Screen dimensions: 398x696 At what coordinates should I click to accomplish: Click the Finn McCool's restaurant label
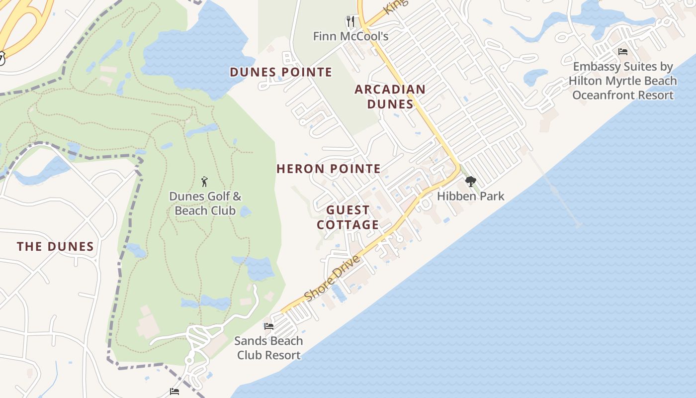tap(350, 36)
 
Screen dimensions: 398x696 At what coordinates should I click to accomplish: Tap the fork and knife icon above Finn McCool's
tap(350, 21)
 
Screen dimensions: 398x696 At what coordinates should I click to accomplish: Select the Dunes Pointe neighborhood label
tap(281, 72)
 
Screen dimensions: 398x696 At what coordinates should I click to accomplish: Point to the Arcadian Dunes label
tap(390, 97)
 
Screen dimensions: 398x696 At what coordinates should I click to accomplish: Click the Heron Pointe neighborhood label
tap(329, 169)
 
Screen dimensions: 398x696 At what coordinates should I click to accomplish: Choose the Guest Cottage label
tap(348, 217)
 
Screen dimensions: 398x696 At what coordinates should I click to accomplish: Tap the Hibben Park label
tap(470, 196)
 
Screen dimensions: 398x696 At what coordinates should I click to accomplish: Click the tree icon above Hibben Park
tap(470, 182)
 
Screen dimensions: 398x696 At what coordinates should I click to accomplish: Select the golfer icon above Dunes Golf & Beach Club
tap(204, 182)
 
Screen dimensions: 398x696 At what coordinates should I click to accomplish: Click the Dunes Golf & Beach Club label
tap(205, 203)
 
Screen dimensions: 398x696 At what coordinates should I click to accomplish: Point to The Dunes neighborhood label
tap(55, 246)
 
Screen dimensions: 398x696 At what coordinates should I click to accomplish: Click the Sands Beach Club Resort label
tap(268, 348)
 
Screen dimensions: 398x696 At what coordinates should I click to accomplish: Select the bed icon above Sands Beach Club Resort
tap(269, 326)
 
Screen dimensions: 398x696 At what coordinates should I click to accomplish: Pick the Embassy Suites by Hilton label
tap(623, 81)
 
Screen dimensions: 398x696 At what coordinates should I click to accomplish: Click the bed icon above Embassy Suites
tap(623, 52)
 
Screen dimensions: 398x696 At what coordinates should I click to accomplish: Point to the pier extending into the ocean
tap(554, 190)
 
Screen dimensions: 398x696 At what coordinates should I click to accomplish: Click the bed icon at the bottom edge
tap(174, 392)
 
